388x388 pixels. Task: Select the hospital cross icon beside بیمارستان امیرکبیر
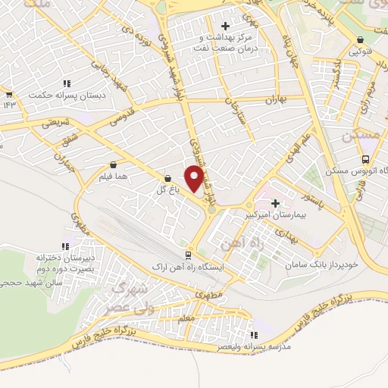click(x=275, y=203)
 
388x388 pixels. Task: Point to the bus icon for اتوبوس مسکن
click(x=366, y=159)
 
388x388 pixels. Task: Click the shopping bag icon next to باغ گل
click(x=167, y=178)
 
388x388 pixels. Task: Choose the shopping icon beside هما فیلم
click(x=114, y=164)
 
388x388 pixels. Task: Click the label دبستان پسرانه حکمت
click(x=58, y=95)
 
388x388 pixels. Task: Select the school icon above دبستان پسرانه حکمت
click(x=67, y=83)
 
